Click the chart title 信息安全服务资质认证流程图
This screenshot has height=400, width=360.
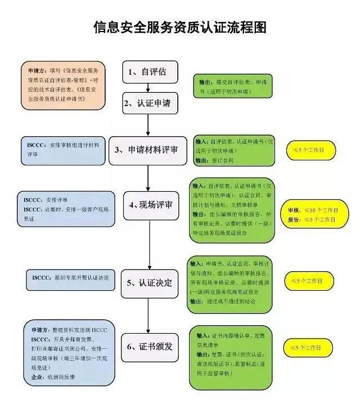click(x=179, y=27)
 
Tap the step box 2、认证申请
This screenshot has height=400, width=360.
click(x=147, y=102)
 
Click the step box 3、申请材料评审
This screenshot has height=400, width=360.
click(x=147, y=150)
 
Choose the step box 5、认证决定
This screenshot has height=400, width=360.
click(x=147, y=282)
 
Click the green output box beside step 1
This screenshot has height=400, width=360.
click(x=233, y=85)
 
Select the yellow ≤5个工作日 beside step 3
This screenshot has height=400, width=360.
click(x=311, y=150)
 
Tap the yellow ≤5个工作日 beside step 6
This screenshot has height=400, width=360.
click(x=311, y=347)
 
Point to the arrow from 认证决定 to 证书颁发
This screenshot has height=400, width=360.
click(x=148, y=315)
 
